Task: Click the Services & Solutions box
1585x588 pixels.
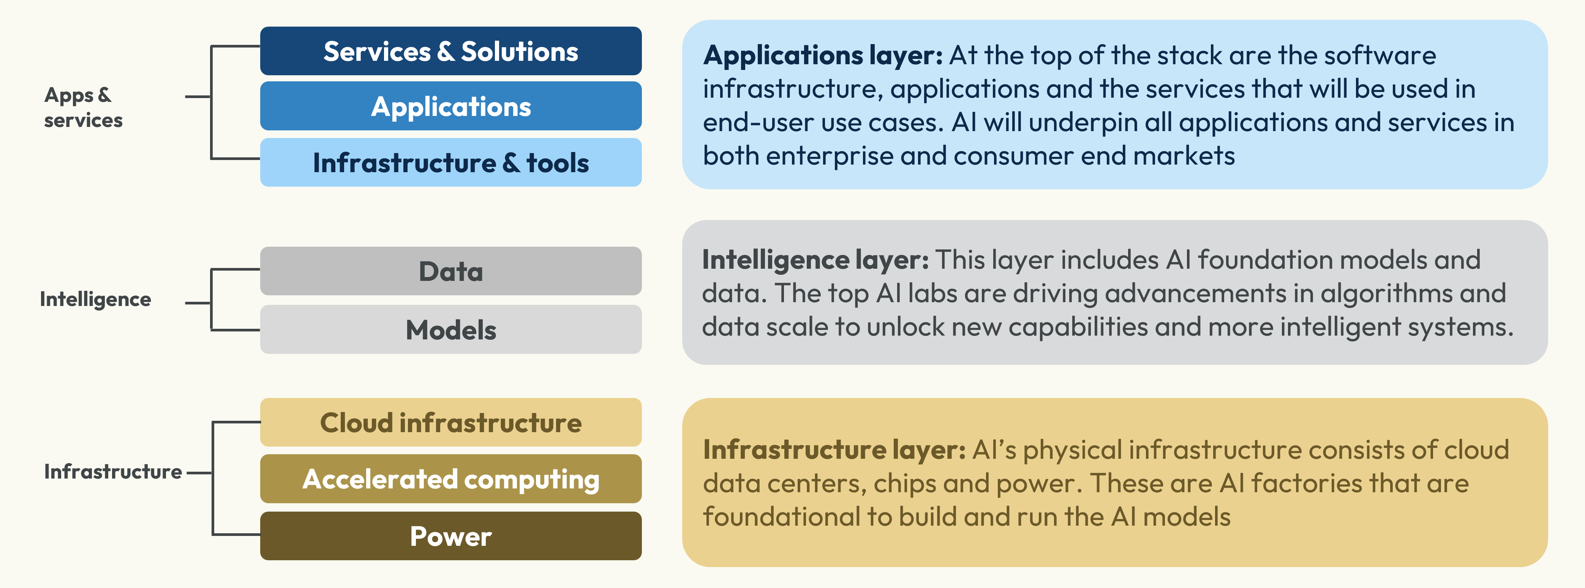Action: tap(450, 51)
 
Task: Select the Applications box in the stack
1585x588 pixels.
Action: tap(450, 106)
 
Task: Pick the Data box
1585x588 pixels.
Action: tap(450, 271)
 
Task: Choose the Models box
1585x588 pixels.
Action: tap(450, 330)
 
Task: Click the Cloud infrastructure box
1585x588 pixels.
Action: tap(450, 422)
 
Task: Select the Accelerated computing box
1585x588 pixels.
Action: tap(450, 479)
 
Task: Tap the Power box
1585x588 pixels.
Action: tap(450, 536)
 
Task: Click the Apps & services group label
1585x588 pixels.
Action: tap(83, 107)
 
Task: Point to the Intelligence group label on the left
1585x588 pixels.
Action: tap(95, 299)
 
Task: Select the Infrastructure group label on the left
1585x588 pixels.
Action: tap(113, 472)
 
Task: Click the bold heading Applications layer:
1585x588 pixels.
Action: tap(823, 56)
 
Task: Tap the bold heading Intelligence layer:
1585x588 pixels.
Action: tap(815, 260)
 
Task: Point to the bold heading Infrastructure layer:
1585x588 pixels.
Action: tap(834, 450)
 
